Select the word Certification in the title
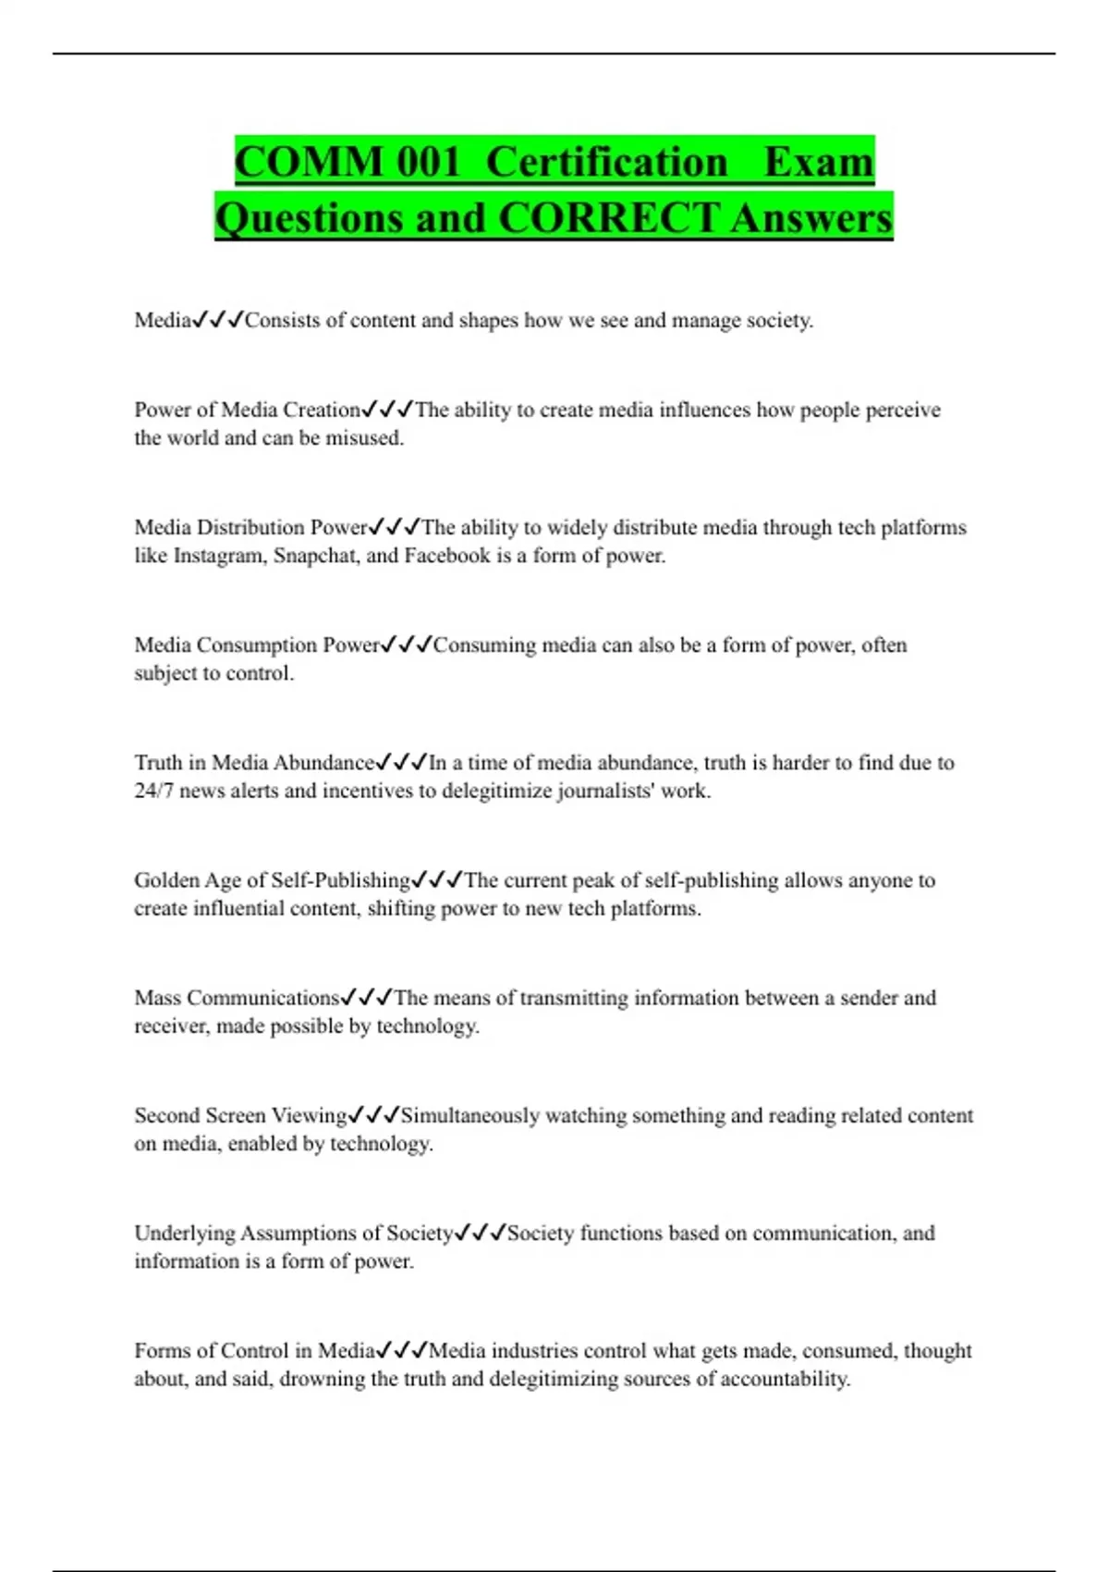(606, 163)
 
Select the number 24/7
(153, 791)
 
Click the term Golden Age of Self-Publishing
(272, 880)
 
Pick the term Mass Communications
(237, 998)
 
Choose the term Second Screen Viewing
(240, 1115)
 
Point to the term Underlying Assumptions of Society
(293, 1233)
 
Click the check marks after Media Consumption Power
(407, 645)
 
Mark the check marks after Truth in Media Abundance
(402, 763)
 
